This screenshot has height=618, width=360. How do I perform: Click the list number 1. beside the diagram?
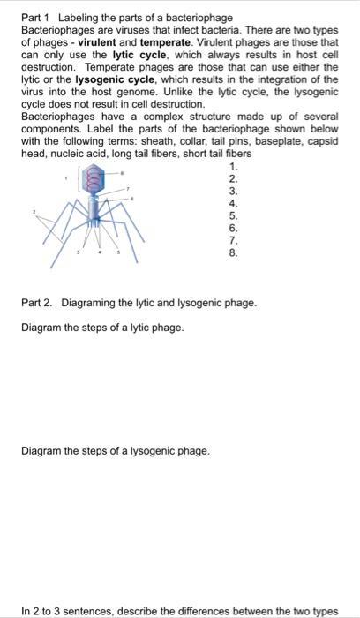[x=233, y=167]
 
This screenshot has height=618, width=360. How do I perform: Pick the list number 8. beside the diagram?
[x=233, y=251]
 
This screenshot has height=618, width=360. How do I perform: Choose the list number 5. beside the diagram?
[x=233, y=215]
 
